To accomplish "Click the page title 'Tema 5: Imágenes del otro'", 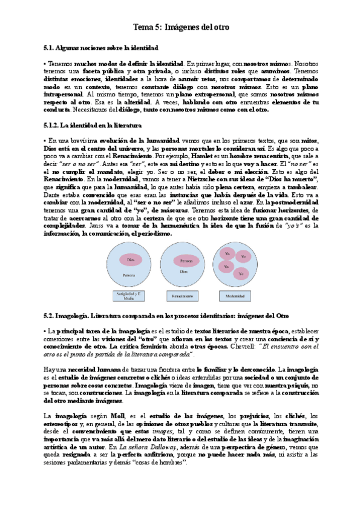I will (x=181, y=27).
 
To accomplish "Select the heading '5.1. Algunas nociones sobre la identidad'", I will (x=101, y=47).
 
